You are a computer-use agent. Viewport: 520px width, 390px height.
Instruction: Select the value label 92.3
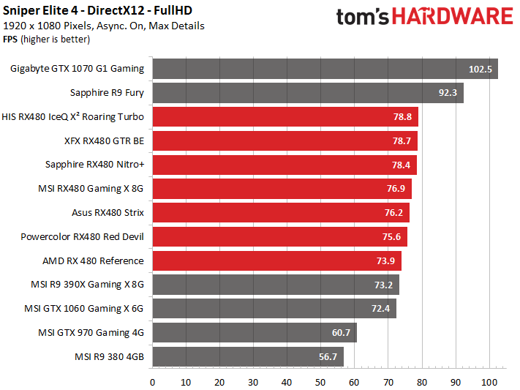(x=448, y=93)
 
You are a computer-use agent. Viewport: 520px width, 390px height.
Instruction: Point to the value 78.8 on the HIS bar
(x=404, y=117)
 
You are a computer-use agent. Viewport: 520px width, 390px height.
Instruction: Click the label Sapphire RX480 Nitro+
(x=94, y=165)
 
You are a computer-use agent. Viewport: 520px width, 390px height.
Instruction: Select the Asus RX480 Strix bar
(x=279, y=213)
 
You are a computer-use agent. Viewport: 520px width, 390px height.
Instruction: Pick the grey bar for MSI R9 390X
(x=275, y=285)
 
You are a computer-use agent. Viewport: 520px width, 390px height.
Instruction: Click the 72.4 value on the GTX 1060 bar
(x=381, y=309)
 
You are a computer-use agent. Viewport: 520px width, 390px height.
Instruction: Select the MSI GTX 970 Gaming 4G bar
(x=254, y=333)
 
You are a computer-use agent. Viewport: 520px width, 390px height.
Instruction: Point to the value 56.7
(x=329, y=357)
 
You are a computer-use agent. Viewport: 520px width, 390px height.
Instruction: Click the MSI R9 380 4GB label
(x=109, y=356)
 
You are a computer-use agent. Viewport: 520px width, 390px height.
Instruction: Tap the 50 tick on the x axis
(x=320, y=382)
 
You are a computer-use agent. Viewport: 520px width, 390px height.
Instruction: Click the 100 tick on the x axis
(x=489, y=382)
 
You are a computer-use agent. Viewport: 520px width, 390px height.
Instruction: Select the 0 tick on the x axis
(x=152, y=382)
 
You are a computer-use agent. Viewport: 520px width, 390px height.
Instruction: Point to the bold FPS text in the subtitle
(x=11, y=38)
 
